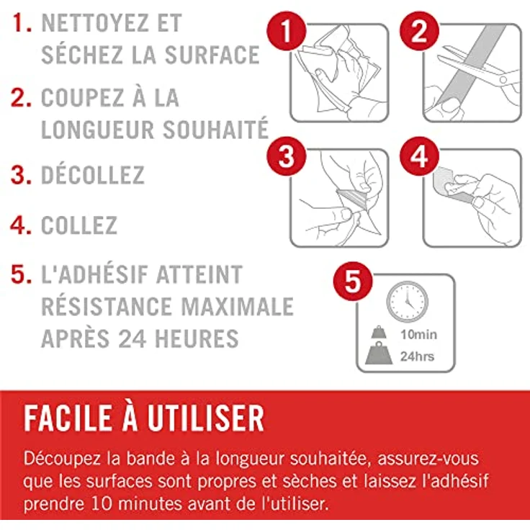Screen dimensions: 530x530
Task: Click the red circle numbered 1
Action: [x=287, y=31]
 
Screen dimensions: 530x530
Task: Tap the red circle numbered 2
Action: [x=419, y=31]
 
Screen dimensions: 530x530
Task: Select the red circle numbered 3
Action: [x=287, y=156]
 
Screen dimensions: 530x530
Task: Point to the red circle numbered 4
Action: [x=419, y=156]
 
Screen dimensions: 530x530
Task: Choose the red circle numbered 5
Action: [x=353, y=282]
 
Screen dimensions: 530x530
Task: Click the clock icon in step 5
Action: [x=408, y=302]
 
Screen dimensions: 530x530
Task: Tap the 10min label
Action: [x=419, y=335]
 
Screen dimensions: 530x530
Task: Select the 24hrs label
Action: [x=417, y=356]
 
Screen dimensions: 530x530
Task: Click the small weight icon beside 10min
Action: [x=379, y=332]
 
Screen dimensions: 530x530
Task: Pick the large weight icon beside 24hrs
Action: [x=379, y=353]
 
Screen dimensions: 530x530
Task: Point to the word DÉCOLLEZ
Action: [x=93, y=174]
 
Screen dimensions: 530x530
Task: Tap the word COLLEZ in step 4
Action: [x=79, y=225]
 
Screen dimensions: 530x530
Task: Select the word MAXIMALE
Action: [x=238, y=307]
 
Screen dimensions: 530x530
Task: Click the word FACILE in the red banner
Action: [x=68, y=418]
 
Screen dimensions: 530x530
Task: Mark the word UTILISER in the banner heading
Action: [x=205, y=418]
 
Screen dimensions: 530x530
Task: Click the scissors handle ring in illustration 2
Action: [x=503, y=80]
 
